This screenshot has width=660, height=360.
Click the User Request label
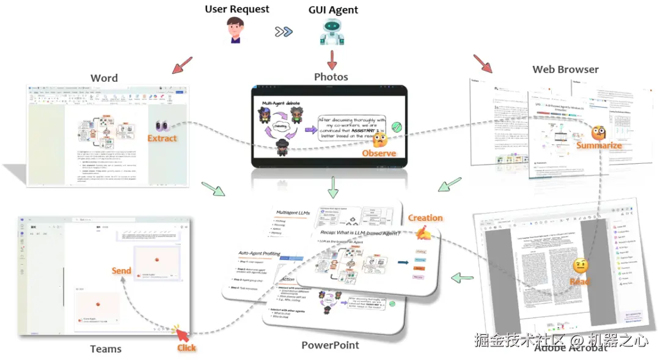click(x=237, y=9)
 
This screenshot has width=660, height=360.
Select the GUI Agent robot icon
click(x=332, y=32)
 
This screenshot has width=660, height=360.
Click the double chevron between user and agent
click(x=283, y=32)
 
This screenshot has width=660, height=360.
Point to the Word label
click(x=104, y=78)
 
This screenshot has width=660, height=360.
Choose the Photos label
click(x=331, y=76)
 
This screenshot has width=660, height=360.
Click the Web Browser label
click(x=565, y=69)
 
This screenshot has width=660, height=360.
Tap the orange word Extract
click(x=162, y=139)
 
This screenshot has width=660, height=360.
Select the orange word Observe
click(x=379, y=153)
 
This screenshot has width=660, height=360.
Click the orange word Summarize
click(x=599, y=145)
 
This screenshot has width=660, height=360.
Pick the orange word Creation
click(x=425, y=218)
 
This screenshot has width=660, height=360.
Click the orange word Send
click(x=121, y=270)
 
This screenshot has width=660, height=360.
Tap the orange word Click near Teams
click(x=186, y=348)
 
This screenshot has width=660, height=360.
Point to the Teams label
click(x=106, y=349)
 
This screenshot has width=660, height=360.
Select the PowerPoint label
click(x=330, y=345)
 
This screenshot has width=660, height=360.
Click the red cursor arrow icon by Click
click(x=182, y=334)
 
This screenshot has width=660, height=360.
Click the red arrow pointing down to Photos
click(x=332, y=60)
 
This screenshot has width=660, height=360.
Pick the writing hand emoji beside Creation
click(x=423, y=233)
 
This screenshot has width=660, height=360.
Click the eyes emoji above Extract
click(x=163, y=126)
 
